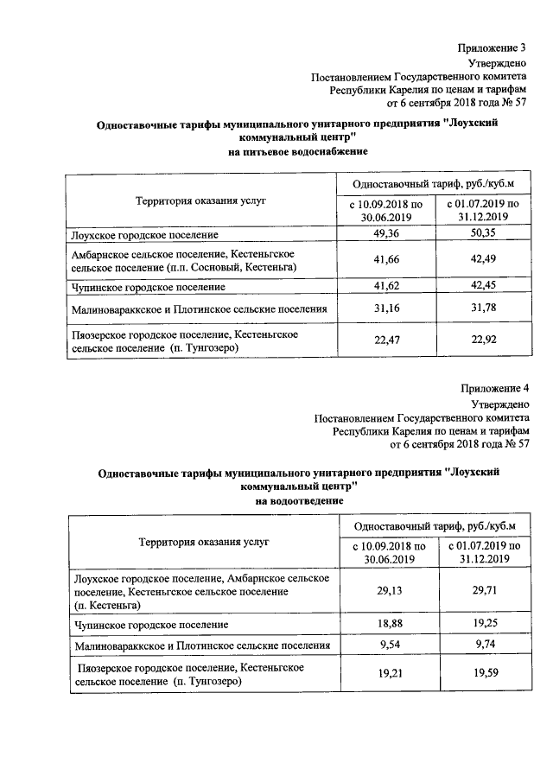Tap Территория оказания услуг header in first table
tap(200, 200)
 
